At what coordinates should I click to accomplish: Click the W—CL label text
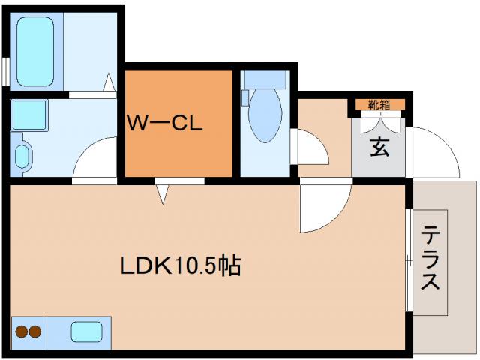164,124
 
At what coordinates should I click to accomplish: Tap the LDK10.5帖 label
180,265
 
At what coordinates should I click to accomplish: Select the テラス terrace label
430,259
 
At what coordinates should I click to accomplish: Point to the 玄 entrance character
379,147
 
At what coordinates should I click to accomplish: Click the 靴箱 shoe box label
379,104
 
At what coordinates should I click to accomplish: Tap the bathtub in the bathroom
36,49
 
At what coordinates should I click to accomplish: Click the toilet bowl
264,116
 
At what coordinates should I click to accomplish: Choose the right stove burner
35,330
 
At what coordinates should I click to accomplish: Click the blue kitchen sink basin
88,330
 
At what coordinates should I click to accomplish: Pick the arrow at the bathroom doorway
109,80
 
